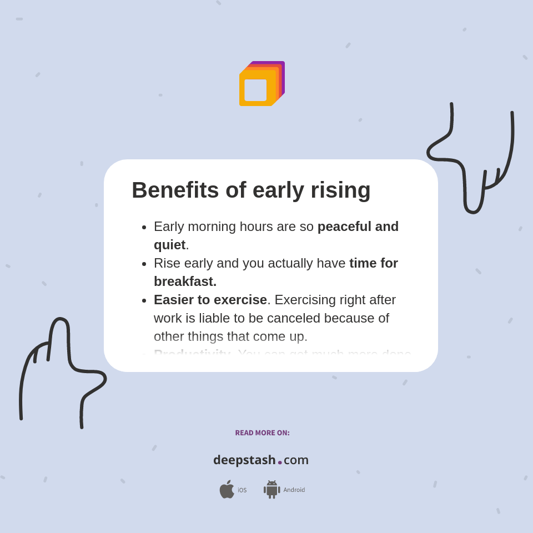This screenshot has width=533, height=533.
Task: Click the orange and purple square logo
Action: point(262,84)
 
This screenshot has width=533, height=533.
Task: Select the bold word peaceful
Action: point(345,227)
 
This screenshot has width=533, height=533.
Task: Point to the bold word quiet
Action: point(169,245)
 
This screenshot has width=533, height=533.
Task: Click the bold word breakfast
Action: point(185,281)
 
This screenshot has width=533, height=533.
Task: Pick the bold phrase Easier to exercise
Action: point(210,300)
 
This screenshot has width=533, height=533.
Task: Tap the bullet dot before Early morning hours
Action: point(144,227)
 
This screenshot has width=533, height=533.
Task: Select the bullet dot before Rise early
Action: point(144,264)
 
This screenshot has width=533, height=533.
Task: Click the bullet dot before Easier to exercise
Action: point(144,300)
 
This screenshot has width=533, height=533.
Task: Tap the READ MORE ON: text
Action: point(262,433)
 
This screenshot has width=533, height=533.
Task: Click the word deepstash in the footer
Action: point(244,460)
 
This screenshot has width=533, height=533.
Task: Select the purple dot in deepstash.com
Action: point(280,462)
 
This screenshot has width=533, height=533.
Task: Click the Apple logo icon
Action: point(227,489)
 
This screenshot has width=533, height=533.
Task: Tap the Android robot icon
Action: point(271,489)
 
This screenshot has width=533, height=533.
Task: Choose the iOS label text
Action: point(242,490)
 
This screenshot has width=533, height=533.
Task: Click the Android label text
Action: point(294,490)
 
